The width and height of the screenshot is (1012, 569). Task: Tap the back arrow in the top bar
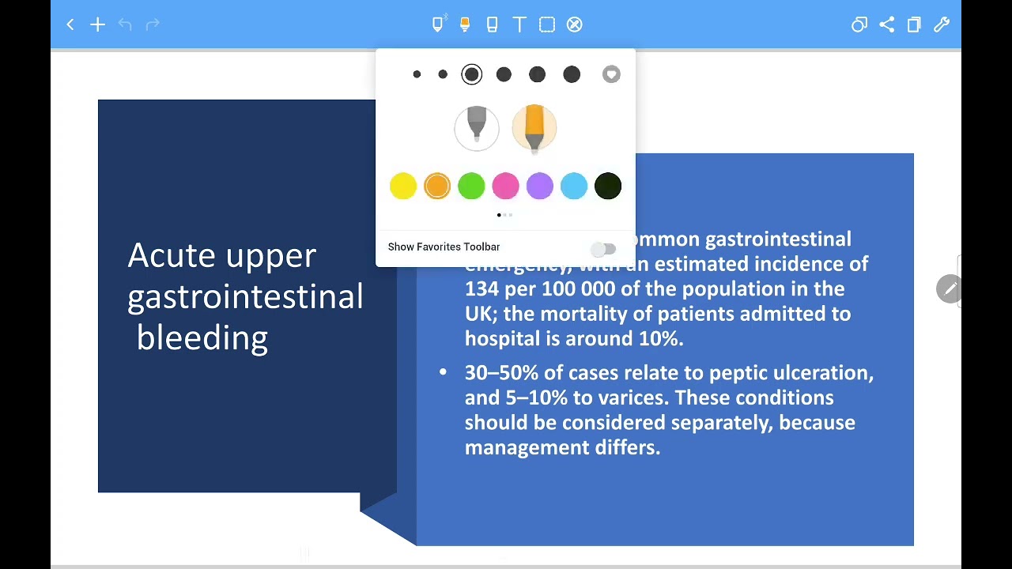pyautogui.click(x=70, y=25)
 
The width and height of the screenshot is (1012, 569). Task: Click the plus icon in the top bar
pyautogui.click(x=97, y=25)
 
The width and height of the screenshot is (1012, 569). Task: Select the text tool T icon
pyautogui.click(x=519, y=25)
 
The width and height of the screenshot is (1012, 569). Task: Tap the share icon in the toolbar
pyautogui.click(x=886, y=25)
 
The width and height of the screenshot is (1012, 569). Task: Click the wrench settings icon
pyautogui.click(x=941, y=25)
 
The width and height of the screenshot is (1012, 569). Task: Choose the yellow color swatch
pyautogui.click(x=402, y=187)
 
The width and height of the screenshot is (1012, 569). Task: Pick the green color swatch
pyautogui.click(x=471, y=187)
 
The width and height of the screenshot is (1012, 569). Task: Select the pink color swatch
pyautogui.click(x=505, y=187)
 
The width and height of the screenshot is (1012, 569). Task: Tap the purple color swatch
pyautogui.click(x=539, y=187)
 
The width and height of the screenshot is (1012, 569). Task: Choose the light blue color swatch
pyautogui.click(x=574, y=187)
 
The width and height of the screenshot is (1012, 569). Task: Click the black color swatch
pyautogui.click(x=608, y=187)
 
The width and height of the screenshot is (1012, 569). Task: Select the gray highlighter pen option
pyautogui.click(x=477, y=128)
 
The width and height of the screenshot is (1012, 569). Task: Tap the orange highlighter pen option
pyautogui.click(x=534, y=128)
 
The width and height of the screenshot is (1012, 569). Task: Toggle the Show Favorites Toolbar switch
pyautogui.click(x=603, y=250)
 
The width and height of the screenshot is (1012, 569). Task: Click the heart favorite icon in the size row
pyautogui.click(x=611, y=74)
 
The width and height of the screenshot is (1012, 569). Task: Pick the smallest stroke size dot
pyautogui.click(x=417, y=74)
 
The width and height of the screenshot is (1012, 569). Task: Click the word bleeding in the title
pyautogui.click(x=202, y=338)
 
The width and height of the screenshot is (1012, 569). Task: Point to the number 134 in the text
pyautogui.click(x=481, y=289)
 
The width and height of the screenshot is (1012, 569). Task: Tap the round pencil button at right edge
pyautogui.click(x=949, y=289)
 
